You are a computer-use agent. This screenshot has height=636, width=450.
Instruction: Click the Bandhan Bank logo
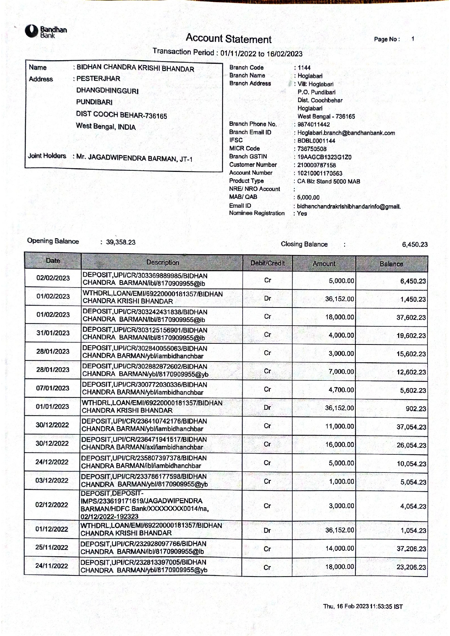(x=46, y=32)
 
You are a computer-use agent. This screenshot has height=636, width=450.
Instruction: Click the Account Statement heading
(x=228, y=38)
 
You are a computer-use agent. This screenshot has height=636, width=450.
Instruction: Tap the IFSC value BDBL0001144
(x=316, y=141)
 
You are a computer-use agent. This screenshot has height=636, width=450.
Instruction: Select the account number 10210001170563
(x=319, y=173)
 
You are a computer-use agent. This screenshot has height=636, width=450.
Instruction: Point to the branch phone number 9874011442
(x=314, y=124)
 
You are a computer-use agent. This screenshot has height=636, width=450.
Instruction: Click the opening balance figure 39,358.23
(x=121, y=242)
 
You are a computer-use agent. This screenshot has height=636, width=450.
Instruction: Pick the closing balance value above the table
(x=414, y=244)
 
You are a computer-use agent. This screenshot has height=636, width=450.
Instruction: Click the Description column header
(x=162, y=262)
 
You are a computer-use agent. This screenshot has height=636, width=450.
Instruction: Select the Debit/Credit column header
(x=268, y=263)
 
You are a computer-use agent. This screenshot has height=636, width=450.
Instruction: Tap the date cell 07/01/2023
(x=53, y=388)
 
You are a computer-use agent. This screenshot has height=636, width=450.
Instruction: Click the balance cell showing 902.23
(x=416, y=409)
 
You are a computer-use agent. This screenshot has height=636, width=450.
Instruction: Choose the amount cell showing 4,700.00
(x=341, y=390)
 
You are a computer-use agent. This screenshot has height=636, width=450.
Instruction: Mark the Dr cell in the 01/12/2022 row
(x=267, y=530)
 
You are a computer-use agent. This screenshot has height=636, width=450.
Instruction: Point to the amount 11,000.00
(x=339, y=426)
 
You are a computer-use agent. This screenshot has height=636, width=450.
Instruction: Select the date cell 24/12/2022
(x=52, y=462)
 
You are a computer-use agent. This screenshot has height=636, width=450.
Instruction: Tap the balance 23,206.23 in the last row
(x=411, y=567)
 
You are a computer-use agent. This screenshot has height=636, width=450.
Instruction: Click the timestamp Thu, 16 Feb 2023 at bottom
(x=363, y=606)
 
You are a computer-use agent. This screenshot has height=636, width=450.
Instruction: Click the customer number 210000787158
(x=317, y=165)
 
